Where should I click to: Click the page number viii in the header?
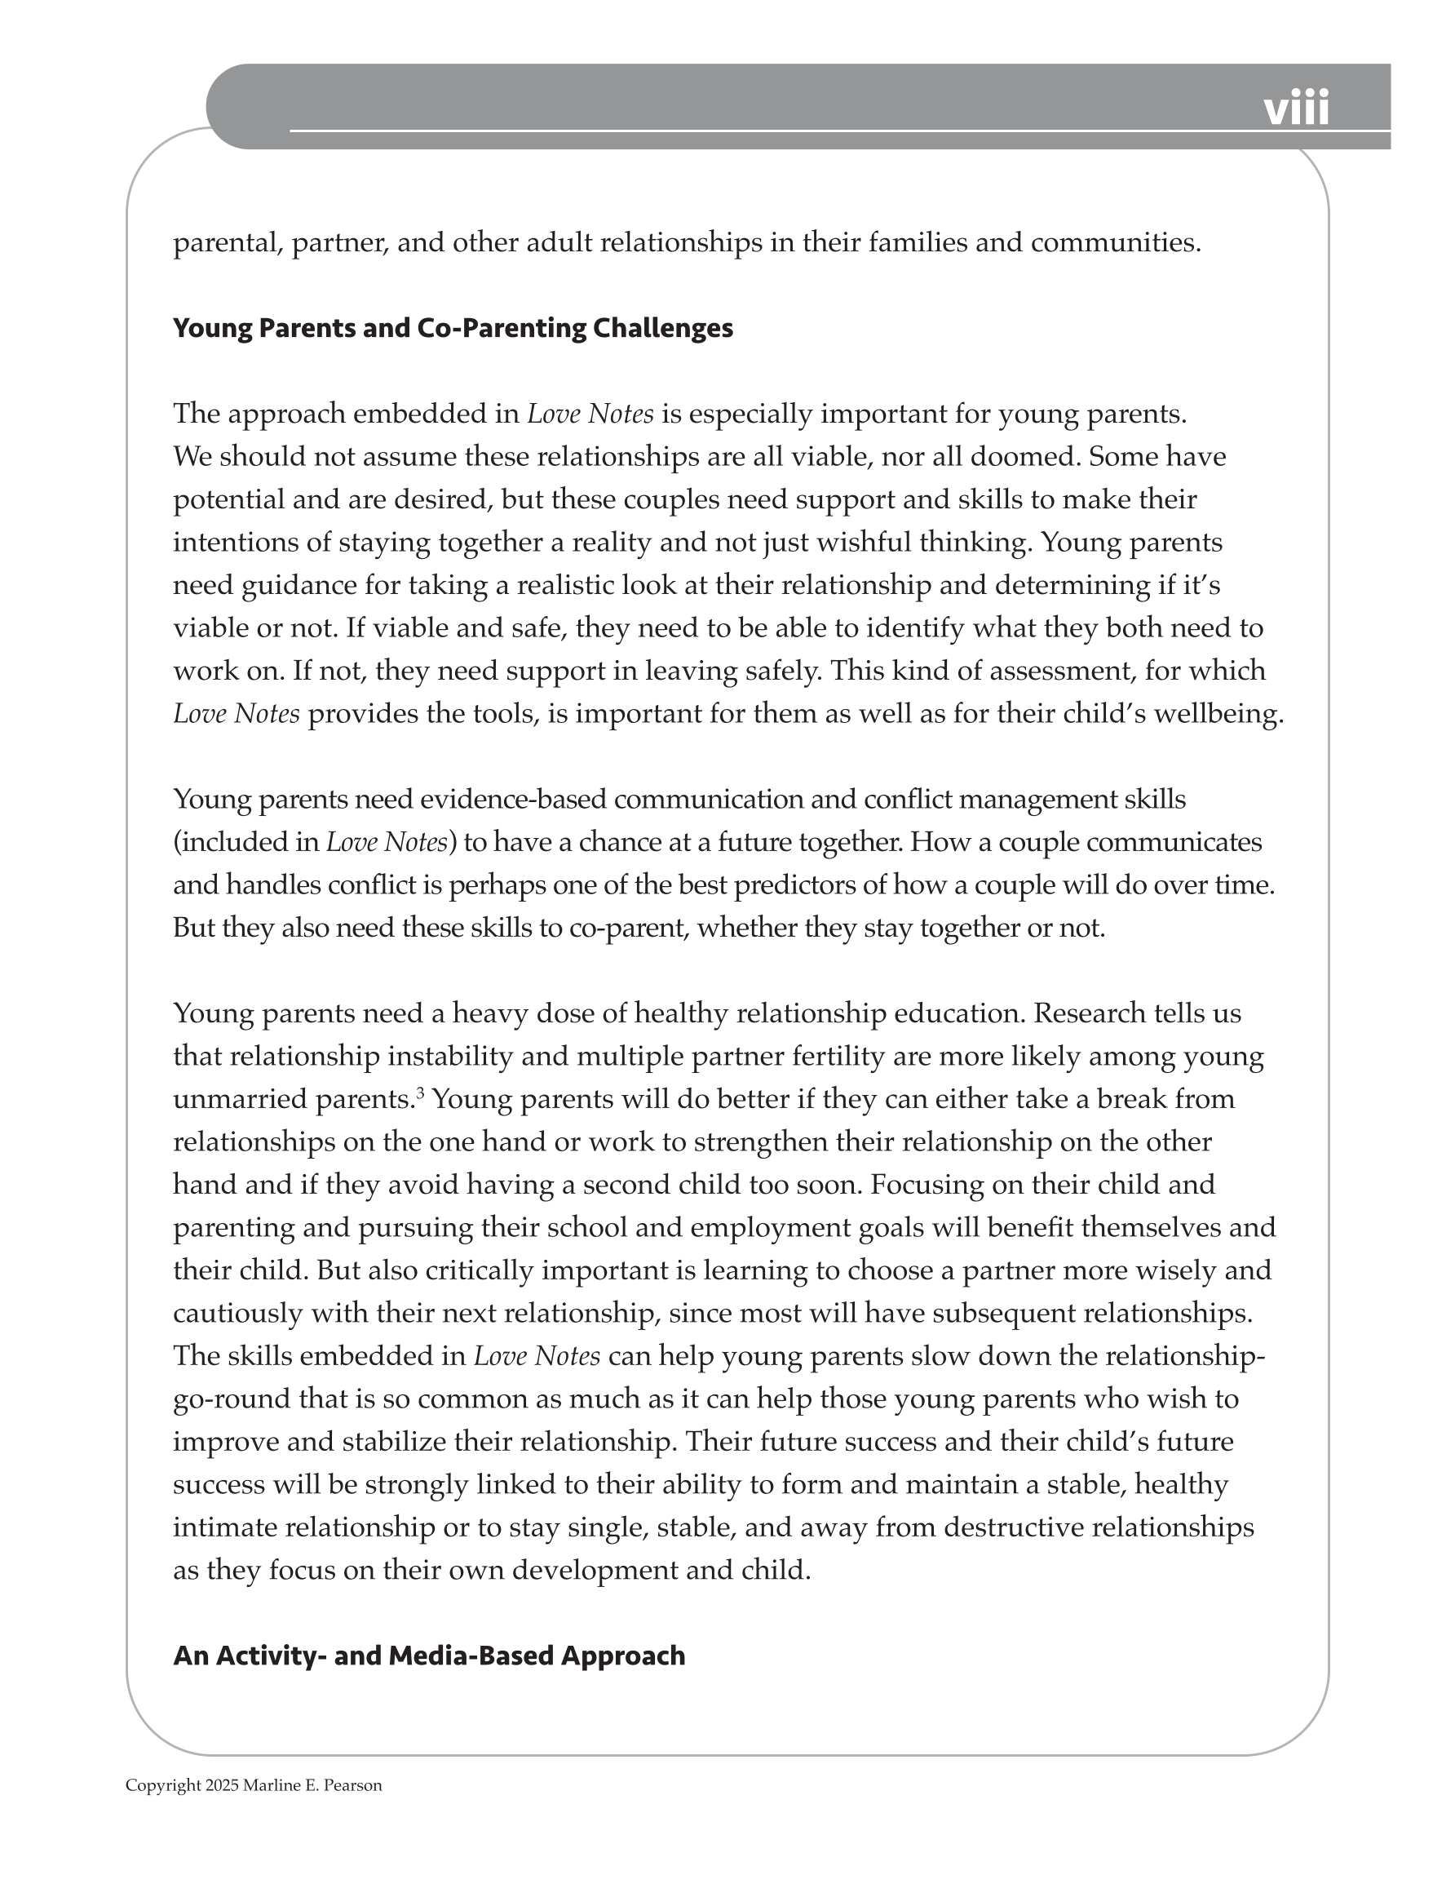point(1295,109)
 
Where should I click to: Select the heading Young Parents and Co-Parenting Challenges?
point(453,329)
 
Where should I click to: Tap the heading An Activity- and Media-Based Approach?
point(429,1656)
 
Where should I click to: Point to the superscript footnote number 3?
point(421,1094)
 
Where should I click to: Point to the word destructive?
point(1014,1527)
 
